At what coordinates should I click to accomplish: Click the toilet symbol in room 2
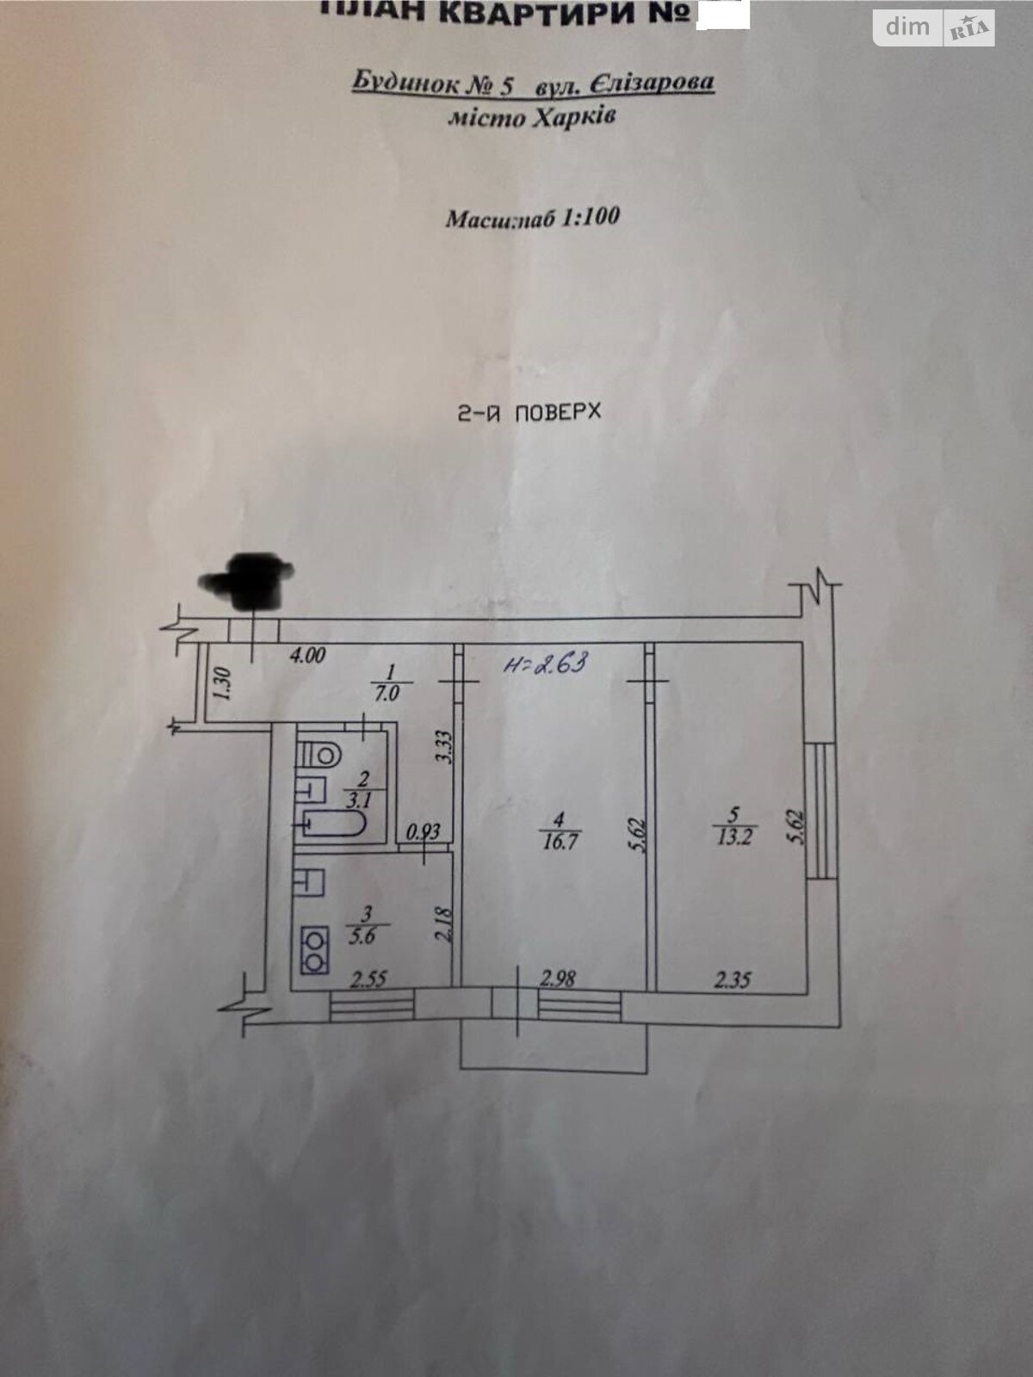tap(319, 755)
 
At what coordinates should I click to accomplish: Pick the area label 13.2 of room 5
tap(733, 836)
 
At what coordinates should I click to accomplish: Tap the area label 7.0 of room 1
tap(387, 694)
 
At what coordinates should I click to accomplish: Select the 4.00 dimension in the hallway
tap(307, 656)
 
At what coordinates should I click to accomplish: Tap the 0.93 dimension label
tap(423, 832)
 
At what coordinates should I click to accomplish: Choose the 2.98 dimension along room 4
tap(558, 978)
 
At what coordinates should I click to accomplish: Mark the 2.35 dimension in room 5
tap(733, 979)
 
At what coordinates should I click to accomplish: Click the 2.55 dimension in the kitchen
tap(369, 979)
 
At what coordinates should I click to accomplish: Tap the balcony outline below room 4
tap(554, 1045)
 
